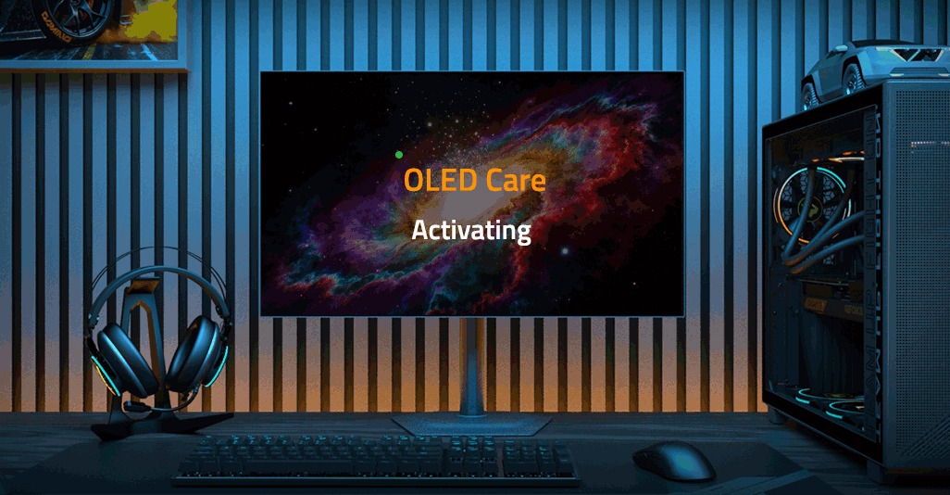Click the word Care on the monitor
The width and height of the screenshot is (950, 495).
tap(513, 180)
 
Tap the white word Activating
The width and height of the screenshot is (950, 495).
tap(470, 230)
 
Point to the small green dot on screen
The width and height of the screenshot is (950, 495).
tap(398, 155)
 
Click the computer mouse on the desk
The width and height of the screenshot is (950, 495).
tap(673, 459)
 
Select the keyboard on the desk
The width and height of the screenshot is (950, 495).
tap(375, 459)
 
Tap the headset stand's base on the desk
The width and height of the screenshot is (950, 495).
tap(139, 427)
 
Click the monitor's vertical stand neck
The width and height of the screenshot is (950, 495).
tap(471, 366)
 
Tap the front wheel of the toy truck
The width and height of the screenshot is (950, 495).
tap(813, 93)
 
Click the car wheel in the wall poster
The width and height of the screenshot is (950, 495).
tap(79, 19)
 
